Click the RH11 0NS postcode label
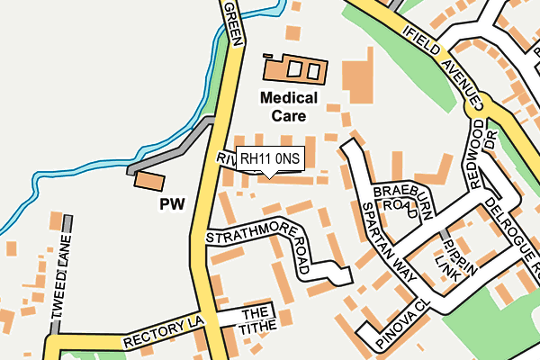tap(270, 159)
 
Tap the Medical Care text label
tap(289, 106)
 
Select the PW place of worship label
tap(172, 204)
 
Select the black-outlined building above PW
tap(148, 181)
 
